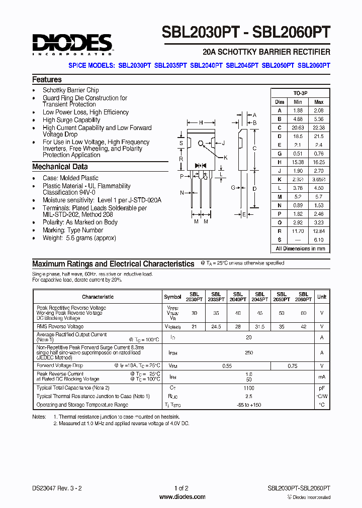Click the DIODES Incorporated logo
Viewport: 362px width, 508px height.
[72, 44]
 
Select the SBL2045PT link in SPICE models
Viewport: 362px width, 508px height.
[242, 65]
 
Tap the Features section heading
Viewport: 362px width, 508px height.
[47, 79]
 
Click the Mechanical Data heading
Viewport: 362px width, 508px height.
[60, 167]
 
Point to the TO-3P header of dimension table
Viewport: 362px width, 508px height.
[300, 93]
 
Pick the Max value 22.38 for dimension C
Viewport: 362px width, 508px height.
[318, 128]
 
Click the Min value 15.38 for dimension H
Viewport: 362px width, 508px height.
[298, 162]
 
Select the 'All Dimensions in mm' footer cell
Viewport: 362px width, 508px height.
[300, 248]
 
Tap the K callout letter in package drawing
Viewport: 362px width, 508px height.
[226, 158]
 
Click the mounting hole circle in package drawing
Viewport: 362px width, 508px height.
[202, 143]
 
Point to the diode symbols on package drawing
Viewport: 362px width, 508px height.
[202, 165]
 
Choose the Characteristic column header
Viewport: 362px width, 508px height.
[98, 297]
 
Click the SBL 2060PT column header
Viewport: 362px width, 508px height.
[303, 297]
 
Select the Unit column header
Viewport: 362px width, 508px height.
[322, 297]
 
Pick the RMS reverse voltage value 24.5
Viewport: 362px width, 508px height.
[216, 326]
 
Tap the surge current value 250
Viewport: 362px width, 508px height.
[248, 353]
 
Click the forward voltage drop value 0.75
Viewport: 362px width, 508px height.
[293, 366]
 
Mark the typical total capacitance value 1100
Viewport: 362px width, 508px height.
[248, 388]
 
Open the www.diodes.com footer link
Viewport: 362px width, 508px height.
[182, 497]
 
